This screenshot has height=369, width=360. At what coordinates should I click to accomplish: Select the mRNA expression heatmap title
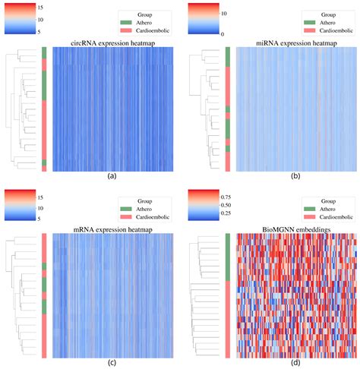111,228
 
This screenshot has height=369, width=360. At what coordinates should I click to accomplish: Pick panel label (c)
111,362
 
